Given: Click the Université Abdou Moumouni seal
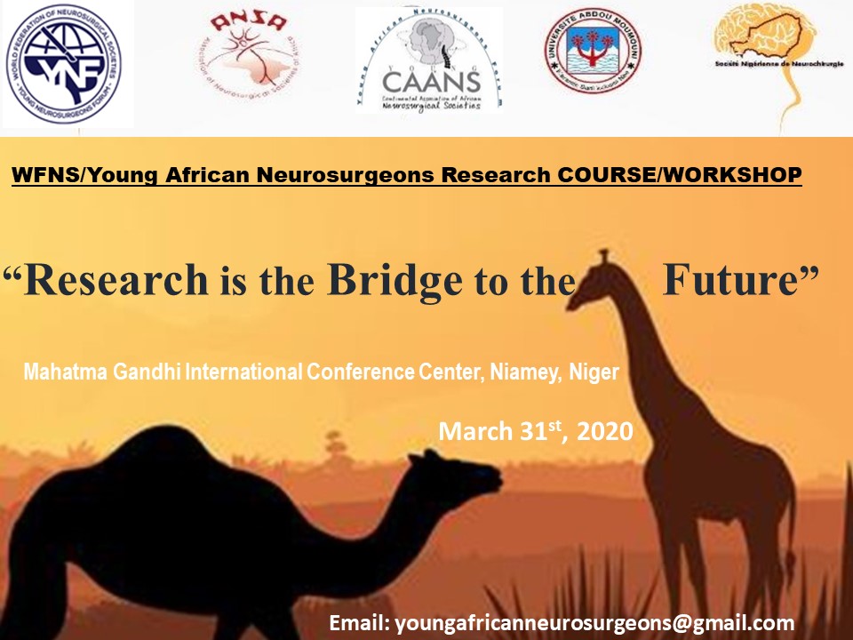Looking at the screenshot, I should coord(593,61).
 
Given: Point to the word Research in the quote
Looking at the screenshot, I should coord(116,280).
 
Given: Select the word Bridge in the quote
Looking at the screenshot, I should coord(395,280).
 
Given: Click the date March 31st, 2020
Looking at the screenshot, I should coord(535,432).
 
